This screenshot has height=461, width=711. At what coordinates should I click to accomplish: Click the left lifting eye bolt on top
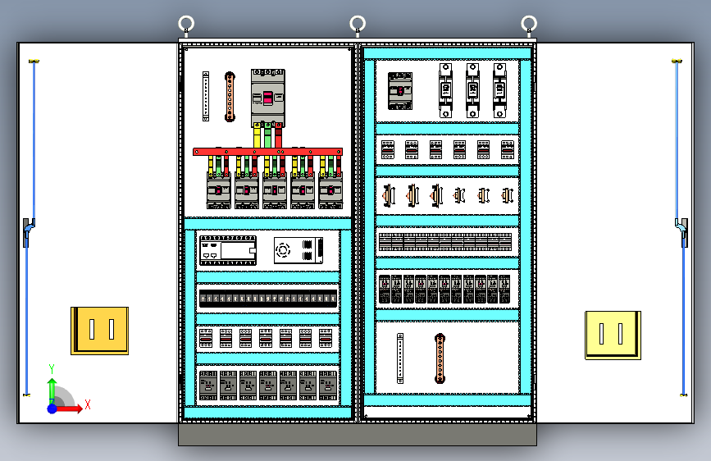(x=186, y=24)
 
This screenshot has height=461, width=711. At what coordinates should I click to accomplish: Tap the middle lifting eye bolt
(x=358, y=24)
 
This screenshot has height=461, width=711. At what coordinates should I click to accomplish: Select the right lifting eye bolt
(x=530, y=24)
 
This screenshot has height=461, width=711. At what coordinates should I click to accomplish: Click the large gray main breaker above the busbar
(x=267, y=98)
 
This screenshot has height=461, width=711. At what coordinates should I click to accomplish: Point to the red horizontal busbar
(x=267, y=152)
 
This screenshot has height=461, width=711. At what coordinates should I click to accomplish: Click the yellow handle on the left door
(x=99, y=330)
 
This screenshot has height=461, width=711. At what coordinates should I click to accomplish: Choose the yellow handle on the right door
(x=613, y=335)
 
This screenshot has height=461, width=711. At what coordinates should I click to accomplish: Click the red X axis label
(x=87, y=404)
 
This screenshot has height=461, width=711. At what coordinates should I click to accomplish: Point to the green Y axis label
(x=52, y=368)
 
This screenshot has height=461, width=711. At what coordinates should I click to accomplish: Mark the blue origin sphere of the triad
(x=52, y=408)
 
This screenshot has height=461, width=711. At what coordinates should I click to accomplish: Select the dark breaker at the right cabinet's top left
(x=400, y=90)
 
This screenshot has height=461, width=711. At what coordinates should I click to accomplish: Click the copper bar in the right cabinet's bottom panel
(x=440, y=358)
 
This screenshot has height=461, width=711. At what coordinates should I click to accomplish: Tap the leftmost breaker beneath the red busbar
(x=218, y=190)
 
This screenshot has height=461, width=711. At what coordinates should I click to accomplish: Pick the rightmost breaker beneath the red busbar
(x=330, y=190)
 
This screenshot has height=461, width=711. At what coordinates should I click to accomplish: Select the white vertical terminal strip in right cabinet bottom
(x=400, y=358)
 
